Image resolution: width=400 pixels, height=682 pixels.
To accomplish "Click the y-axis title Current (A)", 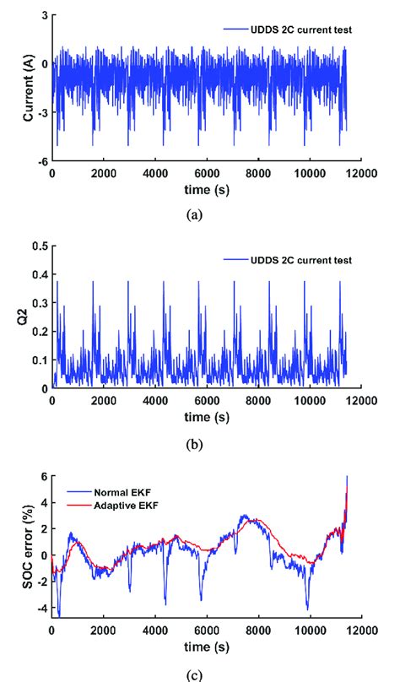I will (x=28, y=87).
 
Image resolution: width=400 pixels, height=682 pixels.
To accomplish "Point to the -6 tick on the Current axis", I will (x=41, y=160).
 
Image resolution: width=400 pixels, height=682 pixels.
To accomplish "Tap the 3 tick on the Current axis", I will (x=42, y=16).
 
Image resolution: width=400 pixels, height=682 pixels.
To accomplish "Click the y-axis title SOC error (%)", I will (x=28, y=546).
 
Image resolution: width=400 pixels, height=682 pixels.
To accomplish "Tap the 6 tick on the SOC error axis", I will (x=42, y=477).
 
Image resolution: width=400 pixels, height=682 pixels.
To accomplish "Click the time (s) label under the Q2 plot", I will (x=199, y=417).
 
